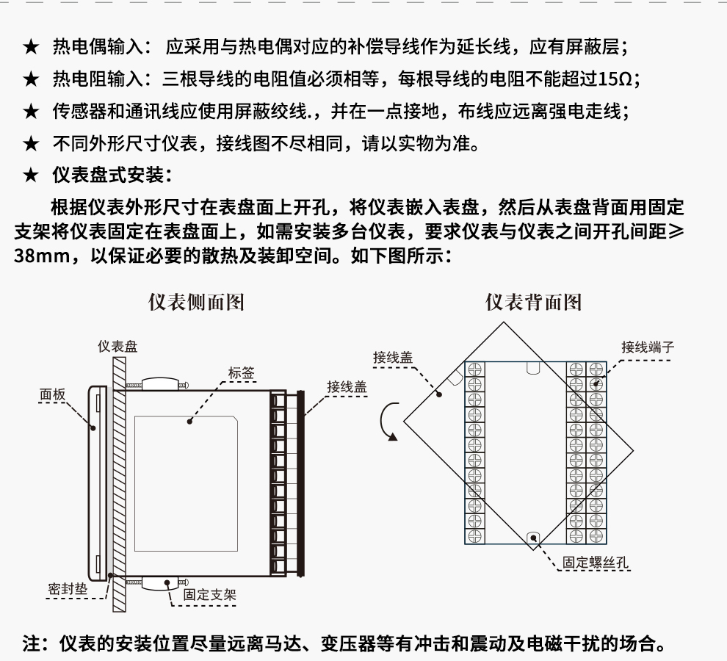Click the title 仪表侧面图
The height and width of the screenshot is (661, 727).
coord(196,302)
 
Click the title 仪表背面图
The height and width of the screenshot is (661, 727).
coord(533,302)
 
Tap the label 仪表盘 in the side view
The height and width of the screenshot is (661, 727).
coord(117,346)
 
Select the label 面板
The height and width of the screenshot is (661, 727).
coord(52,394)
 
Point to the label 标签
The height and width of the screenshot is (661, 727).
coord(241,372)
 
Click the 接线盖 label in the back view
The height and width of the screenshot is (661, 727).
coord(392,358)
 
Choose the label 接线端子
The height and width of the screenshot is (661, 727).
coord(647,347)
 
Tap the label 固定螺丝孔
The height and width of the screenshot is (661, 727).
coord(596,563)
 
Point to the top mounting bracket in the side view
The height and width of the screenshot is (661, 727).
coord(158,385)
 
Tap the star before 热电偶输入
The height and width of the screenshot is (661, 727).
coord(30,48)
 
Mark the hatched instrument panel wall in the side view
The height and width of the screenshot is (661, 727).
coord(117,485)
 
